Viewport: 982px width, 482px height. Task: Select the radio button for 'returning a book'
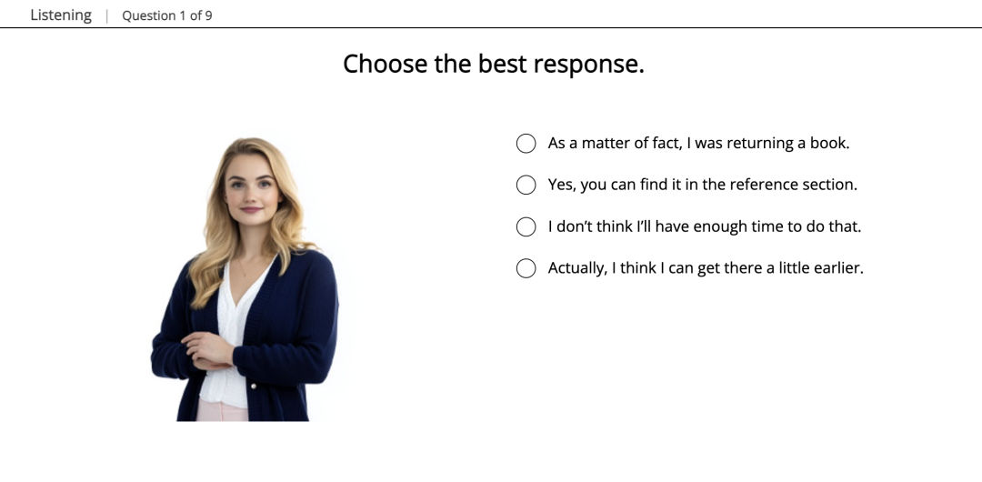(x=526, y=144)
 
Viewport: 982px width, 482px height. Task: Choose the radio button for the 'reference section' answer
(x=526, y=185)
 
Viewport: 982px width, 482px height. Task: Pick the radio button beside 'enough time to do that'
(x=526, y=226)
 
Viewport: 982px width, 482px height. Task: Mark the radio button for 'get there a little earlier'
(x=526, y=268)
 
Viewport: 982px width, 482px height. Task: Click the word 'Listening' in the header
(x=61, y=15)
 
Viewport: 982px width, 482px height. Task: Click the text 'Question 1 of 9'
(x=167, y=15)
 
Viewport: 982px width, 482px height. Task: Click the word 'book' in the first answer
(x=829, y=143)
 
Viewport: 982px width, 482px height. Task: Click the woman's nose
(x=251, y=195)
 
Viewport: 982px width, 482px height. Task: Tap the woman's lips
(x=251, y=210)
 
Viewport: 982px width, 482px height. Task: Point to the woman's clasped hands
(x=208, y=351)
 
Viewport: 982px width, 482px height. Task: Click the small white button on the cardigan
(x=253, y=387)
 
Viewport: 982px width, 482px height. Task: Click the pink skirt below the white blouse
(x=223, y=411)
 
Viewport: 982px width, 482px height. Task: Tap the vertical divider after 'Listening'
(x=107, y=15)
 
